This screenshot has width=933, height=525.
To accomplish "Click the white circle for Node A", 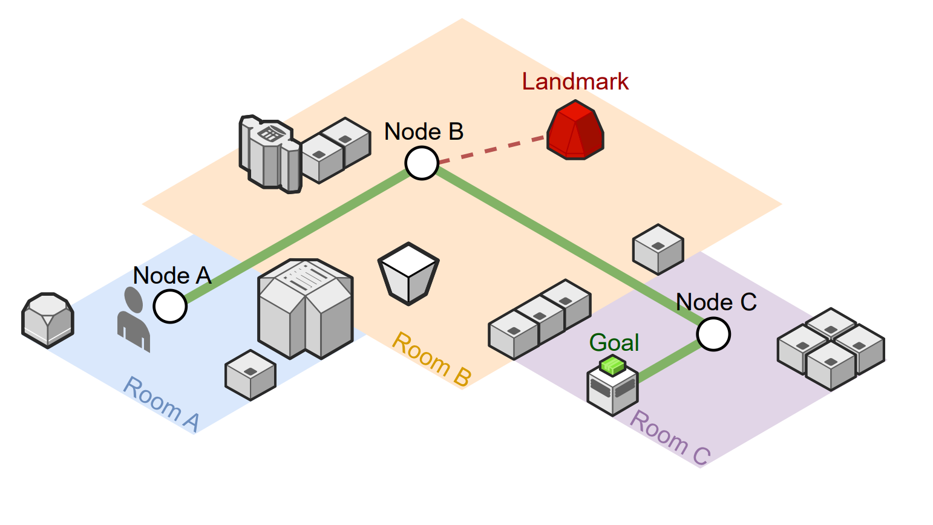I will (170, 306).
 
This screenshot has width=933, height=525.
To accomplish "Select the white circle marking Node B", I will (422, 163).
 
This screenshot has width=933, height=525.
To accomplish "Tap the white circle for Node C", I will (713, 334).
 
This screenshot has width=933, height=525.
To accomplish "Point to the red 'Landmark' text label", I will (575, 82).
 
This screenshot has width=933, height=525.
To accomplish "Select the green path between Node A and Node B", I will (296, 236).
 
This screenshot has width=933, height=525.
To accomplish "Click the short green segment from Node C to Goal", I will (669, 362).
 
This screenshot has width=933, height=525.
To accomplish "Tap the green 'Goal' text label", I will (614, 343).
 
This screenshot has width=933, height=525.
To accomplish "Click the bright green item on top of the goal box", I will (612, 365).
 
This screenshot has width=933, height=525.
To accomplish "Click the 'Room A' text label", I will (161, 404).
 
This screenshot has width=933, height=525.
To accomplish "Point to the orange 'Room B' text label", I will (431, 359).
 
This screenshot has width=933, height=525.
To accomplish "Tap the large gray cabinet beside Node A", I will (305, 308).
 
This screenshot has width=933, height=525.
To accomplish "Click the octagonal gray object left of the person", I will (48, 320).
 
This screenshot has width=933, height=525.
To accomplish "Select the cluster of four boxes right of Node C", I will (831, 348).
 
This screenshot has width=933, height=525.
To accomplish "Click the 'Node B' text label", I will (424, 131).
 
